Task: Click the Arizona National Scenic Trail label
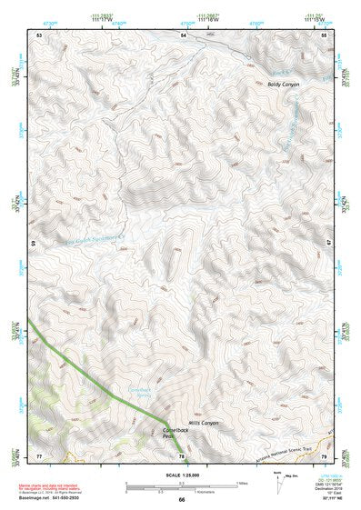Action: click(x=285, y=440)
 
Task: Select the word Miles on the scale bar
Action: click(x=242, y=483)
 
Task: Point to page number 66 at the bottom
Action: click(x=181, y=499)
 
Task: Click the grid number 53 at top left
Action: click(x=39, y=35)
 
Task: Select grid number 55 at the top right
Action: click(x=325, y=35)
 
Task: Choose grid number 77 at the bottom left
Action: click(x=39, y=455)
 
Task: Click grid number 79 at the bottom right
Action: click(x=325, y=455)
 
